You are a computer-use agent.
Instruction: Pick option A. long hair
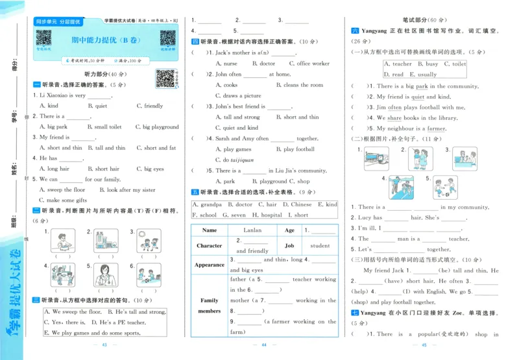[x=54, y=169]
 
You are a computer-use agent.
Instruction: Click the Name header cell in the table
[x=210, y=230]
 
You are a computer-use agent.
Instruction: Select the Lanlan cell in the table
[x=253, y=230]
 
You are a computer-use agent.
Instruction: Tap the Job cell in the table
[x=289, y=246]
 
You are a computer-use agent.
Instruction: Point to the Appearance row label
[x=210, y=265]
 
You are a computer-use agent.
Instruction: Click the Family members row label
[x=210, y=306]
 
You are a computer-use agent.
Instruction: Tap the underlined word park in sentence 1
[x=422, y=86]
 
